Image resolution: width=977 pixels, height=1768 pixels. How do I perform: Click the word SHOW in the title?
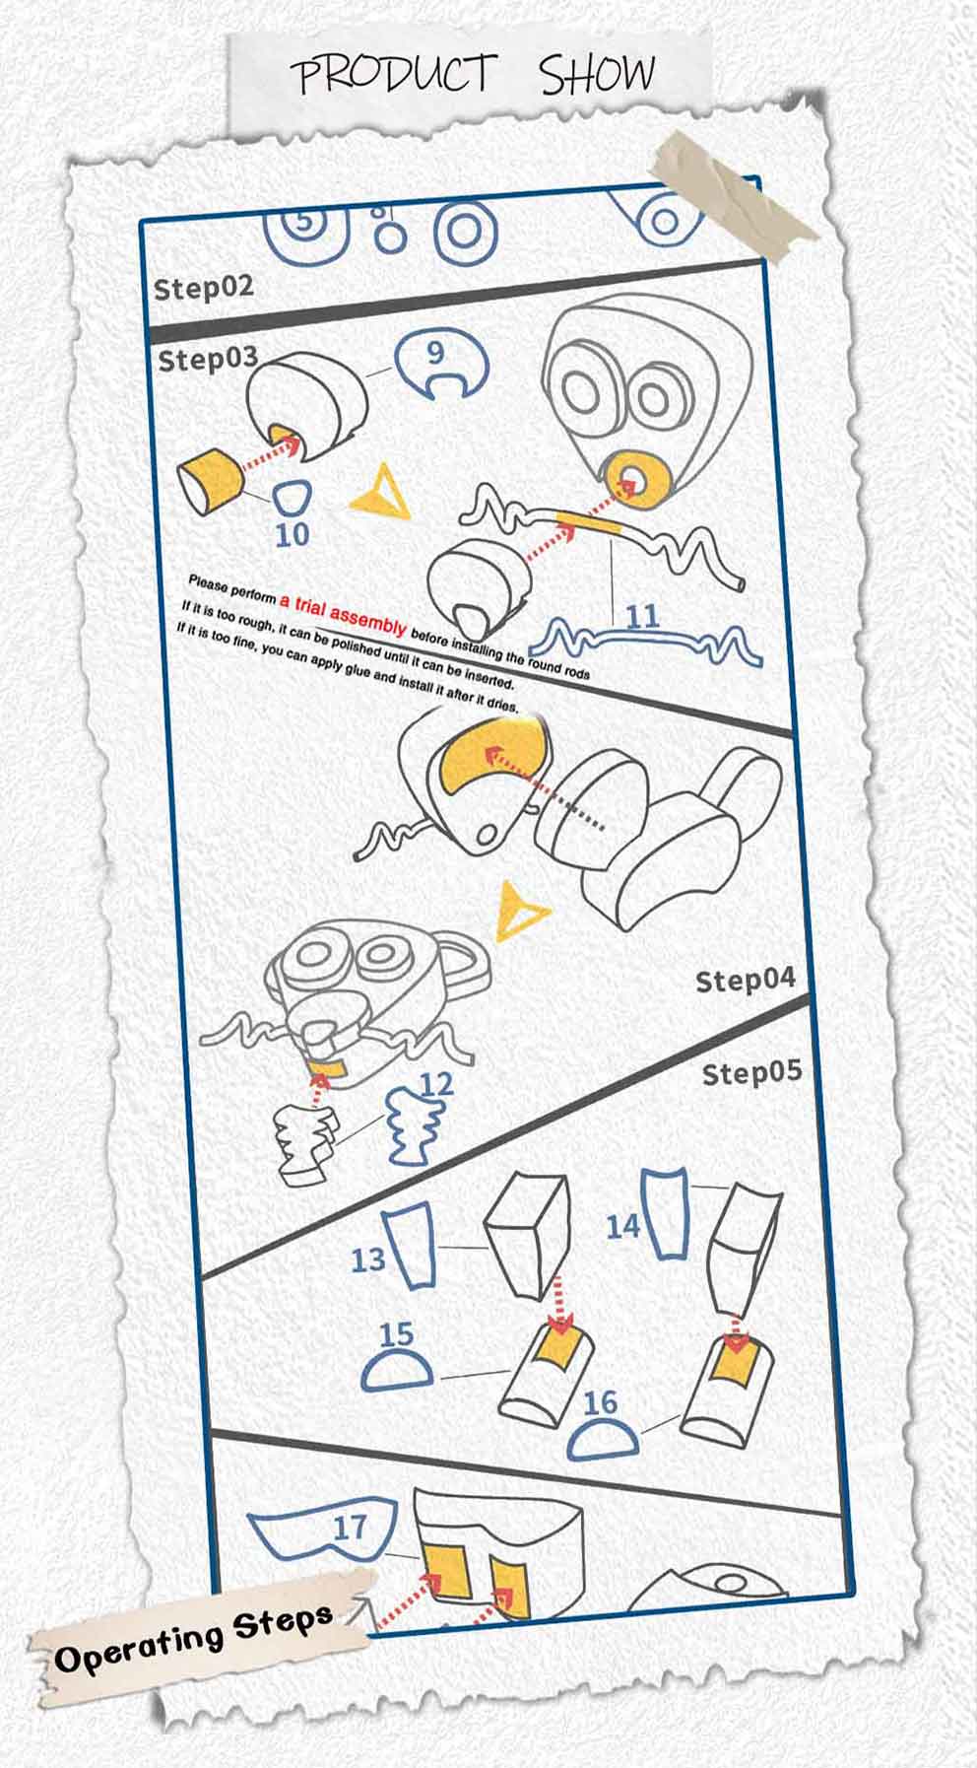click(597, 73)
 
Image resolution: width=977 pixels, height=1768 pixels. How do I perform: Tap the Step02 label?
click(203, 287)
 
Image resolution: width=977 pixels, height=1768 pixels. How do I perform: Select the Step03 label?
click(208, 359)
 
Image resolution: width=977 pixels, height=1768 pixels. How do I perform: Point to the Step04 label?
click(745, 980)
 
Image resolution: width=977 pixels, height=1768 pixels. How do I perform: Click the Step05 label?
click(751, 1072)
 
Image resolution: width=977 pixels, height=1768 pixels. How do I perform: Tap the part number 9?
click(435, 353)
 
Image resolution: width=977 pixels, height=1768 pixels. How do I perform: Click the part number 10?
click(293, 534)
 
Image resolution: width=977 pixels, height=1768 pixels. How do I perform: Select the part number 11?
click(642, 617)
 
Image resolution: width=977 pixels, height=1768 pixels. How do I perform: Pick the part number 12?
click(435, 1085)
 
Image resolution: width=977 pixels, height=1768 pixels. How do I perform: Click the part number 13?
click(368, 1258)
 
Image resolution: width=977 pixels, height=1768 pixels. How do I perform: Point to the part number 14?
click(622, 1226)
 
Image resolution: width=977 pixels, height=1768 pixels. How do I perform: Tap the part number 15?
click(396, 1334)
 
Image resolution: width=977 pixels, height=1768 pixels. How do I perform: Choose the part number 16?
click(600, 1401)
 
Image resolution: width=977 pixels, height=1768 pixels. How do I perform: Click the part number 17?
click(350, 1528)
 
